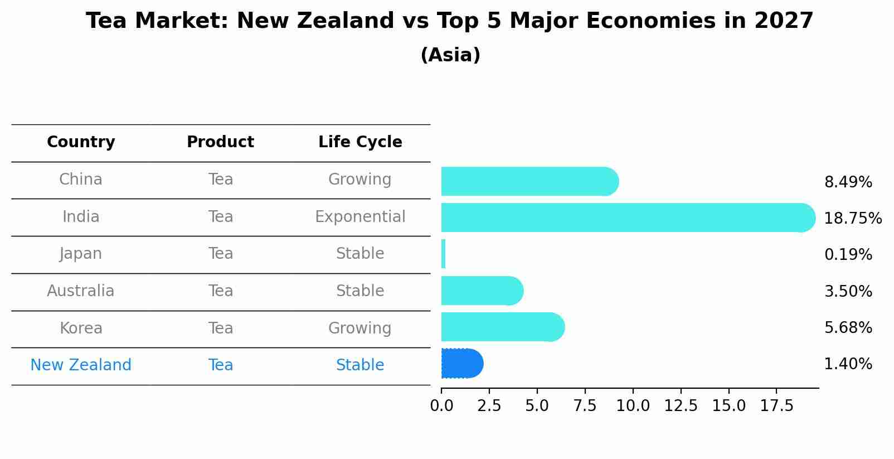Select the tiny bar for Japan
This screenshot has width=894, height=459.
point(443,254)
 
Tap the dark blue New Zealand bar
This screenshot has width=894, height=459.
point(461,364)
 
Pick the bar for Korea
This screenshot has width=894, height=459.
point(502,327)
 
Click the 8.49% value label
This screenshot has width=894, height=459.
point(848,182)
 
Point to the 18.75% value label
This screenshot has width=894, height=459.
point(852,218)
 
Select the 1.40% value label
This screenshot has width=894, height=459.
point(848,364)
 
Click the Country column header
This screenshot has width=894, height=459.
point(81,142)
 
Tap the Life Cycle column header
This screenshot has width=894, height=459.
point(360,142)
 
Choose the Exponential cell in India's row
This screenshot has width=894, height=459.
point(360,217)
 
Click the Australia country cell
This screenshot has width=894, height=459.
point(81,291)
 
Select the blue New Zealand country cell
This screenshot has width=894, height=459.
point(81,365)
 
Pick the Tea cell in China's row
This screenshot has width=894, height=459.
point(221,180)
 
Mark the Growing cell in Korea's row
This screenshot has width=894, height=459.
point(360,328)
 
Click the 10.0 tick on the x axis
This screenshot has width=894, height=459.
point(633,406)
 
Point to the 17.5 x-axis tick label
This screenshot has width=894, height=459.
point(776,406)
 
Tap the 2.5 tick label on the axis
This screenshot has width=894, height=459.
point(489,406)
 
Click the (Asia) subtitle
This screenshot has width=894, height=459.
point(450,55)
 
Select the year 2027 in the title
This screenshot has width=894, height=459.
point(784,21)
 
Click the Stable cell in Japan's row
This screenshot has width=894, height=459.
point(360,254)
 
